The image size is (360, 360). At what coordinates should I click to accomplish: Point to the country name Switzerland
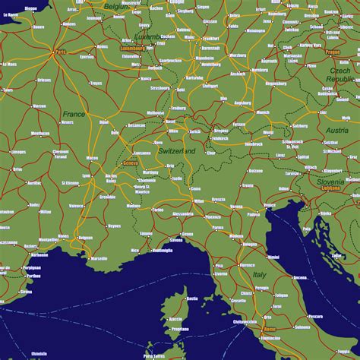178,152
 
